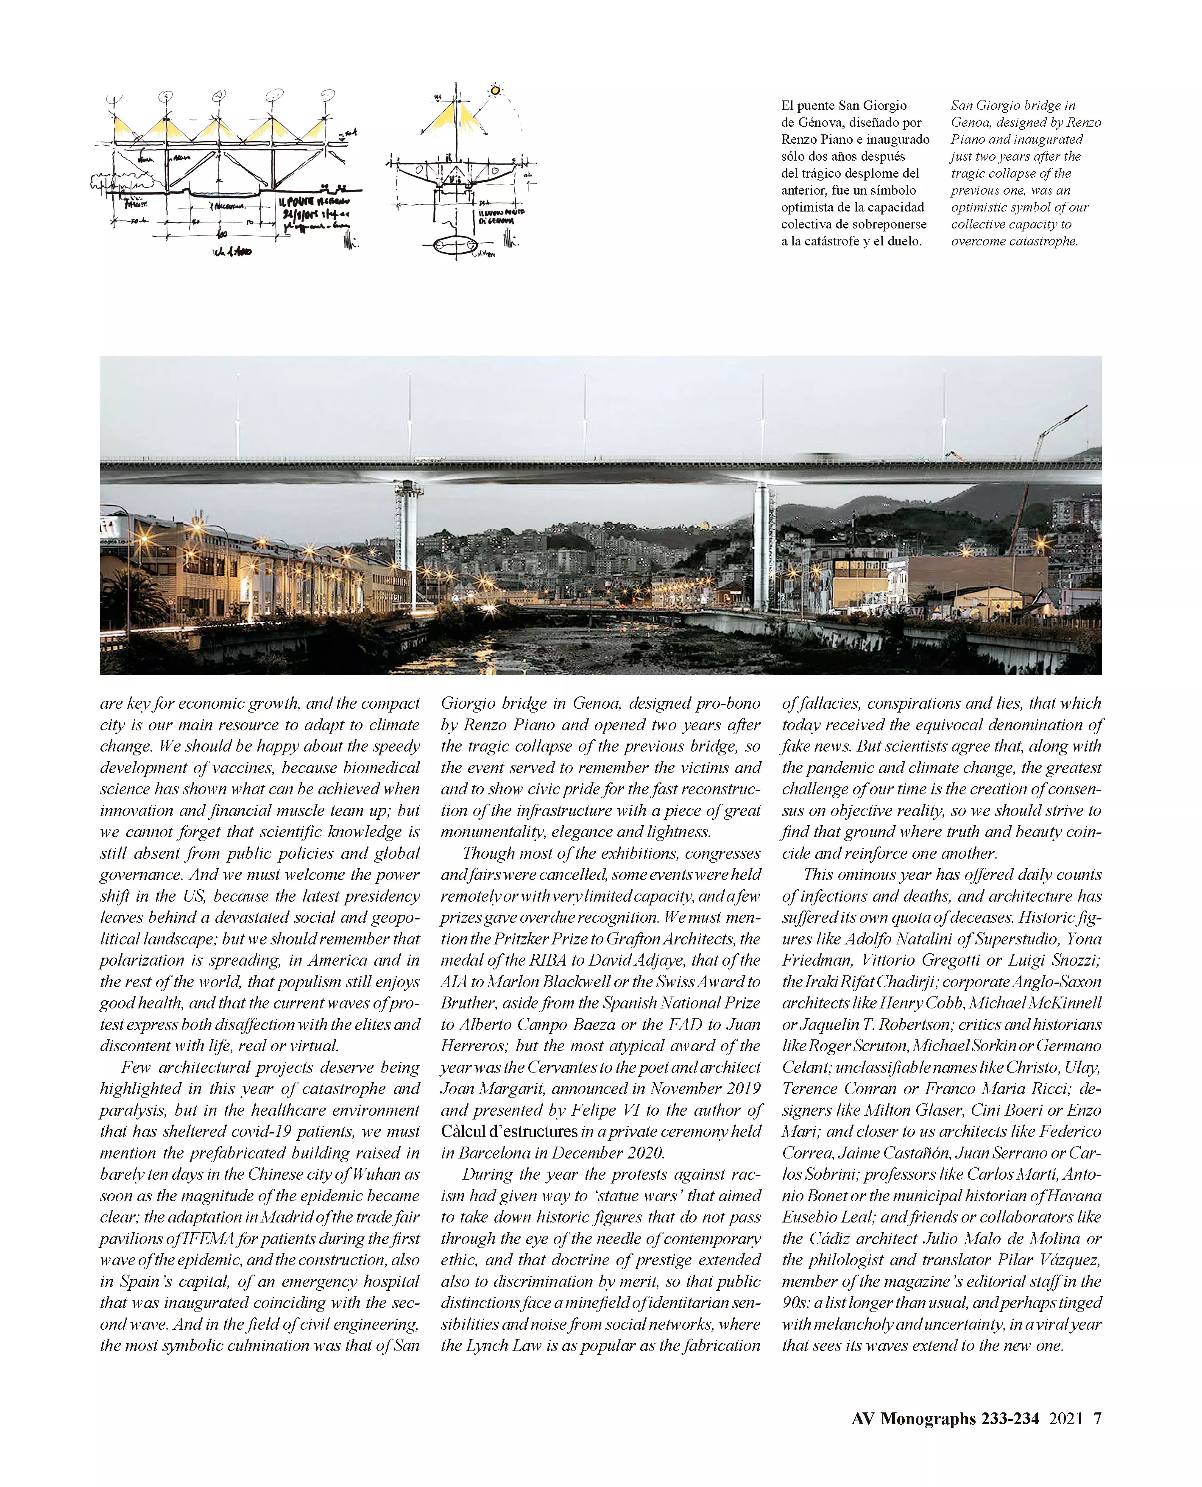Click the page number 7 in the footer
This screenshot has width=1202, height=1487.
tap(1097, 1418)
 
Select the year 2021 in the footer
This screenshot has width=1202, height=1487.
tap(1065, 1418)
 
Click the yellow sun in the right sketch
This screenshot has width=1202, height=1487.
tap(495, 90)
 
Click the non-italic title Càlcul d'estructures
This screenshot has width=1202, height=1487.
tap(509, 1132)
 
